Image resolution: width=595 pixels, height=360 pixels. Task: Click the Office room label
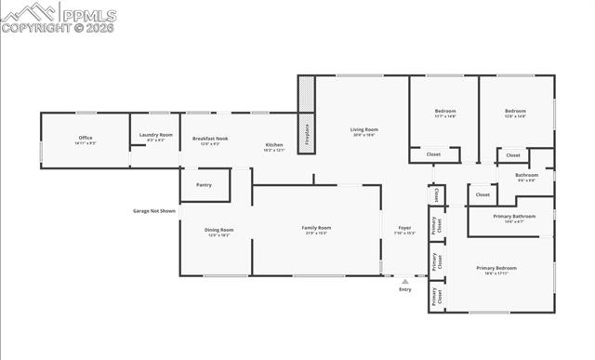(85, 140)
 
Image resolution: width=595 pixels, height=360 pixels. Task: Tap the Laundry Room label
(156, 137)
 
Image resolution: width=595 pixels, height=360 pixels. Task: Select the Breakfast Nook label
(210, 140)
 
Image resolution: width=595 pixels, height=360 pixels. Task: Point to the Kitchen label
(274, 146)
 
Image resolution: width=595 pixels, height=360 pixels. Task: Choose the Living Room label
(364, 131)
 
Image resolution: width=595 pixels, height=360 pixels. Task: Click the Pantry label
(204, 185)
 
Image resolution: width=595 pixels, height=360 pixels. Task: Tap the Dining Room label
(219, 232)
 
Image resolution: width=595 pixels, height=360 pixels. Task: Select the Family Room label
(317, 230)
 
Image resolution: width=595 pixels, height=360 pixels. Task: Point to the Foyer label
(405, 229)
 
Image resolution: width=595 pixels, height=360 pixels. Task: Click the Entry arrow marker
(404, 281)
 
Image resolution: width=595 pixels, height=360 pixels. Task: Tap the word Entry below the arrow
(404, 290)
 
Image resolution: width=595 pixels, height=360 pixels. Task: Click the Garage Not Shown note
(153, 211)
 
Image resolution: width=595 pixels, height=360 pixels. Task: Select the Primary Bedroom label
(496, 270)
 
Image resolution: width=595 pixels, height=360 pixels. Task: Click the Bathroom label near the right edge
(527, 177)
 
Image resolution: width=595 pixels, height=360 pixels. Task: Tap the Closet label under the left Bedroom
(433, 154)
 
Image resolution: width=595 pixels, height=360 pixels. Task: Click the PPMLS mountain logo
(28, 12)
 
